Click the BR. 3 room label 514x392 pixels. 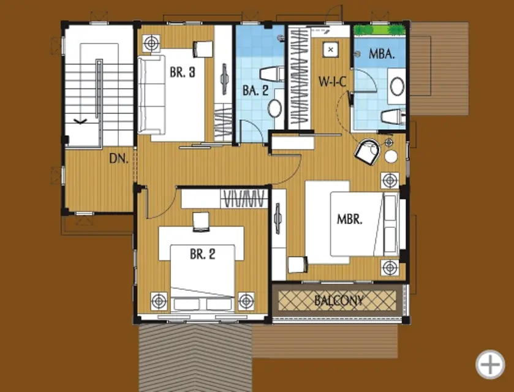coord(183,72)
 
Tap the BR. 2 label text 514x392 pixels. coord(203,254)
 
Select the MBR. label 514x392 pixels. coord(350,219)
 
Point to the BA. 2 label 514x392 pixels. coord(255,90)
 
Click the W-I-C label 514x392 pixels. coord(333,81)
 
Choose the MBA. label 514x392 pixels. coord(382,54)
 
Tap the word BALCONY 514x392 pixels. coord(339,300)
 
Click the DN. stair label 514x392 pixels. coord(119,159)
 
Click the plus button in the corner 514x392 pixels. coord(490,364)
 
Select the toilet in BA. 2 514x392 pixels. coord(272,74)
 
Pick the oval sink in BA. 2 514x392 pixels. coord(274,108)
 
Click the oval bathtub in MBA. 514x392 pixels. coord(397,86)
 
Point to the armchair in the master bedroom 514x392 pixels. coord(368,151)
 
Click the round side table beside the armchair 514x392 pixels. coord(391,157)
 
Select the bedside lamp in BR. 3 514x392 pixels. coord(151,43)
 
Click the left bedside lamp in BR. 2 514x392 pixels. coord(159,301)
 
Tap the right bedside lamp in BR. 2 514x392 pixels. coord(246,301)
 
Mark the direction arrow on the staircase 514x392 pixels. coord(81,122)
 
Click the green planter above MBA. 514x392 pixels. coord(380,30)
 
